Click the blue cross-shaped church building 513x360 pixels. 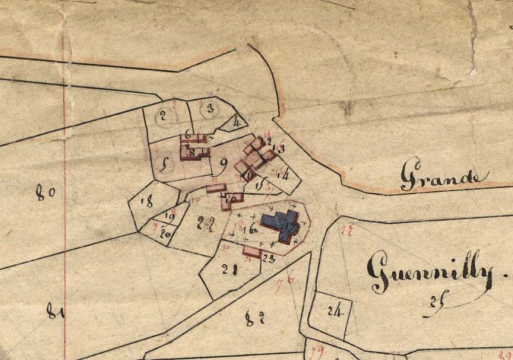point(283,224)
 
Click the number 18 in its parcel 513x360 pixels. point(146,202)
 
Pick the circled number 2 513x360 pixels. point(162,116)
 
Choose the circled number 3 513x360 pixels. point(209,109)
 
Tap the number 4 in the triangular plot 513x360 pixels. point(237,122)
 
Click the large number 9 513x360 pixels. point(223,166)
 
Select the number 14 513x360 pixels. point(284,174)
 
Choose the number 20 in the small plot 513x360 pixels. point(166,233)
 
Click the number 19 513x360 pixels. point(169,216)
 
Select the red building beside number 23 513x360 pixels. point(252,250)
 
